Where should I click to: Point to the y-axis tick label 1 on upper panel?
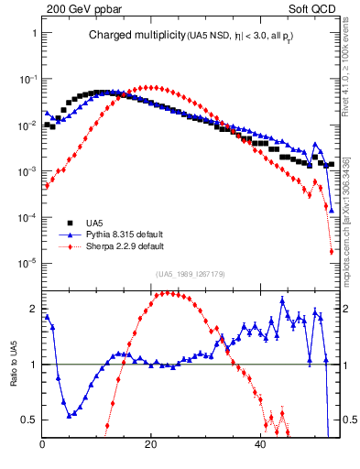(x=34, y=33)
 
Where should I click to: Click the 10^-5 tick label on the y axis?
(x=27, y=264)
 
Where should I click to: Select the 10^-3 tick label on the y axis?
(x=27, y=171)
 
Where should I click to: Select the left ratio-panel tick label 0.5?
(x=30, y=420)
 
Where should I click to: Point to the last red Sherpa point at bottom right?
(x=331, y=252)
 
